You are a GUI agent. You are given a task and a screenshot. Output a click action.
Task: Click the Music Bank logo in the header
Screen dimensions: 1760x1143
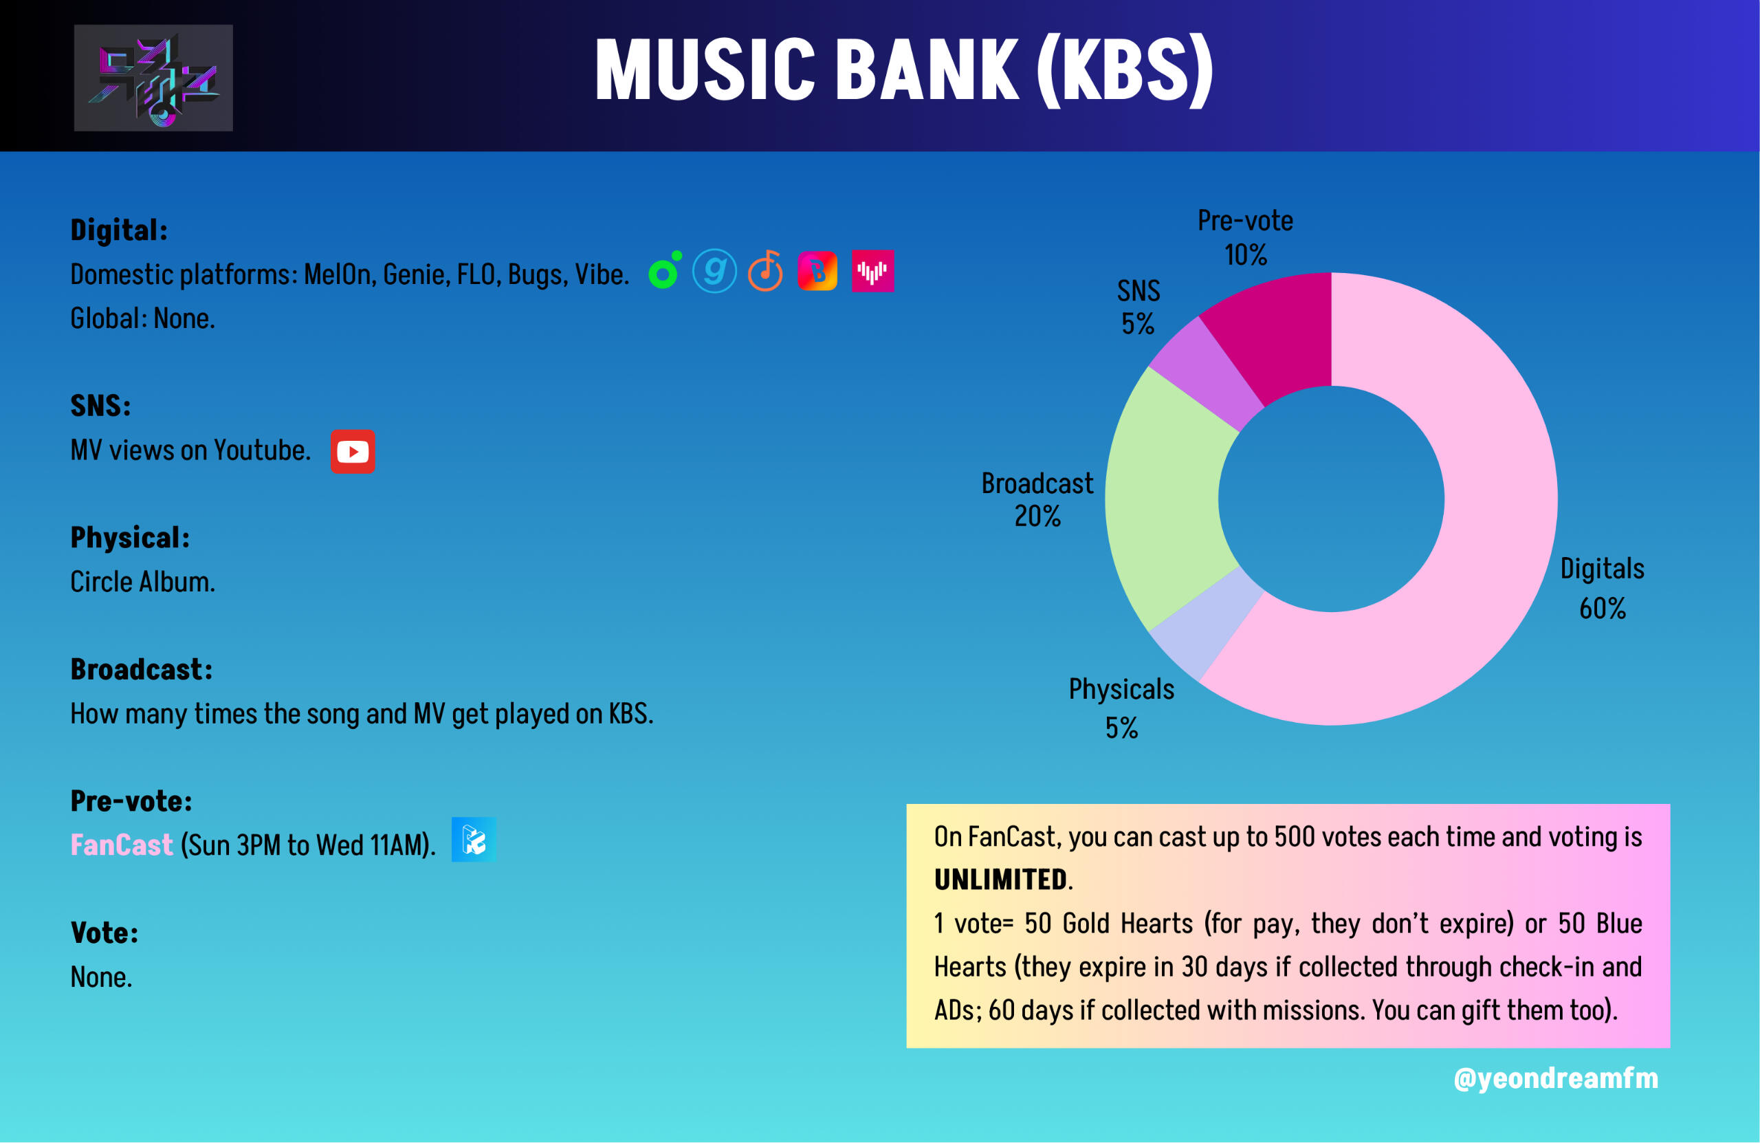[x=153, y=78]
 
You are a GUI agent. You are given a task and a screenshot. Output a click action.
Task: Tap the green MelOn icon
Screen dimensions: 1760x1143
[x=664, y=271]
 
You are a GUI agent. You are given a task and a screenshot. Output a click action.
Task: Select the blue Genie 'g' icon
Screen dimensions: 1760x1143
[x=714, y=271]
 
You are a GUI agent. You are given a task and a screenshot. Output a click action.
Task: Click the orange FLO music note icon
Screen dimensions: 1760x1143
[x=765, y=271]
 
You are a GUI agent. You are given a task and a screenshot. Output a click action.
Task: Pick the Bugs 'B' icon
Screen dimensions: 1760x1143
[x=817, y=271]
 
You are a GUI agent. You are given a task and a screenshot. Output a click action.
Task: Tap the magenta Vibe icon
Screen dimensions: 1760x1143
[x=872, y=271]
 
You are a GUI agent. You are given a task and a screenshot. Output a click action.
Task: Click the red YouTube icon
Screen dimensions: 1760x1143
[x=353, y=451]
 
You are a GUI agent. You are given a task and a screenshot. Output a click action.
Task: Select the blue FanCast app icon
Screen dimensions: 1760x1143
[x=473, y=840]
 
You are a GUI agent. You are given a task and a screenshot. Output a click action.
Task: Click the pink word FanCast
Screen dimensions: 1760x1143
[x=121, y=845]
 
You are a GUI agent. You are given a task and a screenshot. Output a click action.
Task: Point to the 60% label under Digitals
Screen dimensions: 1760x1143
[x=1603, y=609]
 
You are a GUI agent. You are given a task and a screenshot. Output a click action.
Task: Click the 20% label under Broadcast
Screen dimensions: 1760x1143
[x=1037, y=516]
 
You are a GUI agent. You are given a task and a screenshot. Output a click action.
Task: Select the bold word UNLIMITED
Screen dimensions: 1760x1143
[x=1000, y=880]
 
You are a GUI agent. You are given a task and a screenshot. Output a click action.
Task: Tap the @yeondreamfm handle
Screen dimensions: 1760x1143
[x=1556, y=1078]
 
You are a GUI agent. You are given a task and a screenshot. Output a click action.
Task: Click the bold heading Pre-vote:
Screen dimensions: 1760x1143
[x=131, y=801]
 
